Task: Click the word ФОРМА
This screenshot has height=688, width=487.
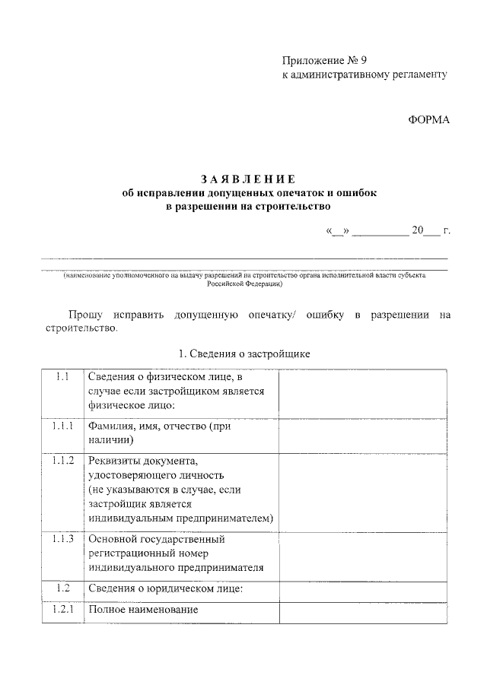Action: [429, 119]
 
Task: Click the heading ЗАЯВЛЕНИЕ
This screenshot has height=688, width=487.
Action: [248, 179]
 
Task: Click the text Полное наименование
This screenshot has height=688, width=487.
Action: [142, 610]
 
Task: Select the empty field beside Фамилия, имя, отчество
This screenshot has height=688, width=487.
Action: [363, 433]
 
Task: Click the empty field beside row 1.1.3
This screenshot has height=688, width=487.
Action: [363, 554]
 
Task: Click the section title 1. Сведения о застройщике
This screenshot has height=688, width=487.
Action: [244, 354]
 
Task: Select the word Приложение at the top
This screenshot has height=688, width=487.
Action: [310, 59]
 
